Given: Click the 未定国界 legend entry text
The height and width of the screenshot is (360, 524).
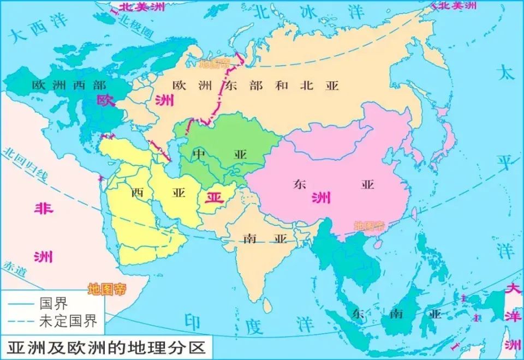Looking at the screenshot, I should pos(68,321).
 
